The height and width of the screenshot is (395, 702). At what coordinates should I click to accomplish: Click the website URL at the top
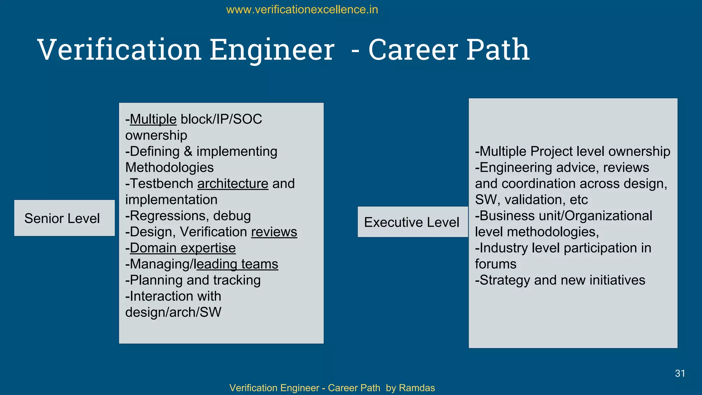302,10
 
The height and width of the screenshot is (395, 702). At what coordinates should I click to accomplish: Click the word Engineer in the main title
272,50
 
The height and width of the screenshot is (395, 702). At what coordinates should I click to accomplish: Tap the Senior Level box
64,218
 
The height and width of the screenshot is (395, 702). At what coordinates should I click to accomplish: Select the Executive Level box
412,222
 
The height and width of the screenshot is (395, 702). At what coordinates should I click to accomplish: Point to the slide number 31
680,373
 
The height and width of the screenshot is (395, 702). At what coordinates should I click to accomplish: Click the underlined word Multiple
153,119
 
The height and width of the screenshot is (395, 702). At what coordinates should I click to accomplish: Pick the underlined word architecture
233,184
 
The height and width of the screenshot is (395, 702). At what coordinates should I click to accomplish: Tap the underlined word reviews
274,232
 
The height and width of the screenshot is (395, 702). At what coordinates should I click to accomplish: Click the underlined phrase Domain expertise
183,248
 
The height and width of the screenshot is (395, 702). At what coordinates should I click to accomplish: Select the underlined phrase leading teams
236,264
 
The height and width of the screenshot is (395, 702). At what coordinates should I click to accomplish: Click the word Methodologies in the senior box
169,168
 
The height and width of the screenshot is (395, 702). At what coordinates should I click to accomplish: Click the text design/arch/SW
173,312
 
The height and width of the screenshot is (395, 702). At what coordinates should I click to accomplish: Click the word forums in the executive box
495,264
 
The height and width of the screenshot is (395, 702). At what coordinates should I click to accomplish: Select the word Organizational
608,216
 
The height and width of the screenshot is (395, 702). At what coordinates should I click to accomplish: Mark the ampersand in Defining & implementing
188,152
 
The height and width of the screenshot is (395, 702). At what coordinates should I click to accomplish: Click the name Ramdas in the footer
417,388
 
